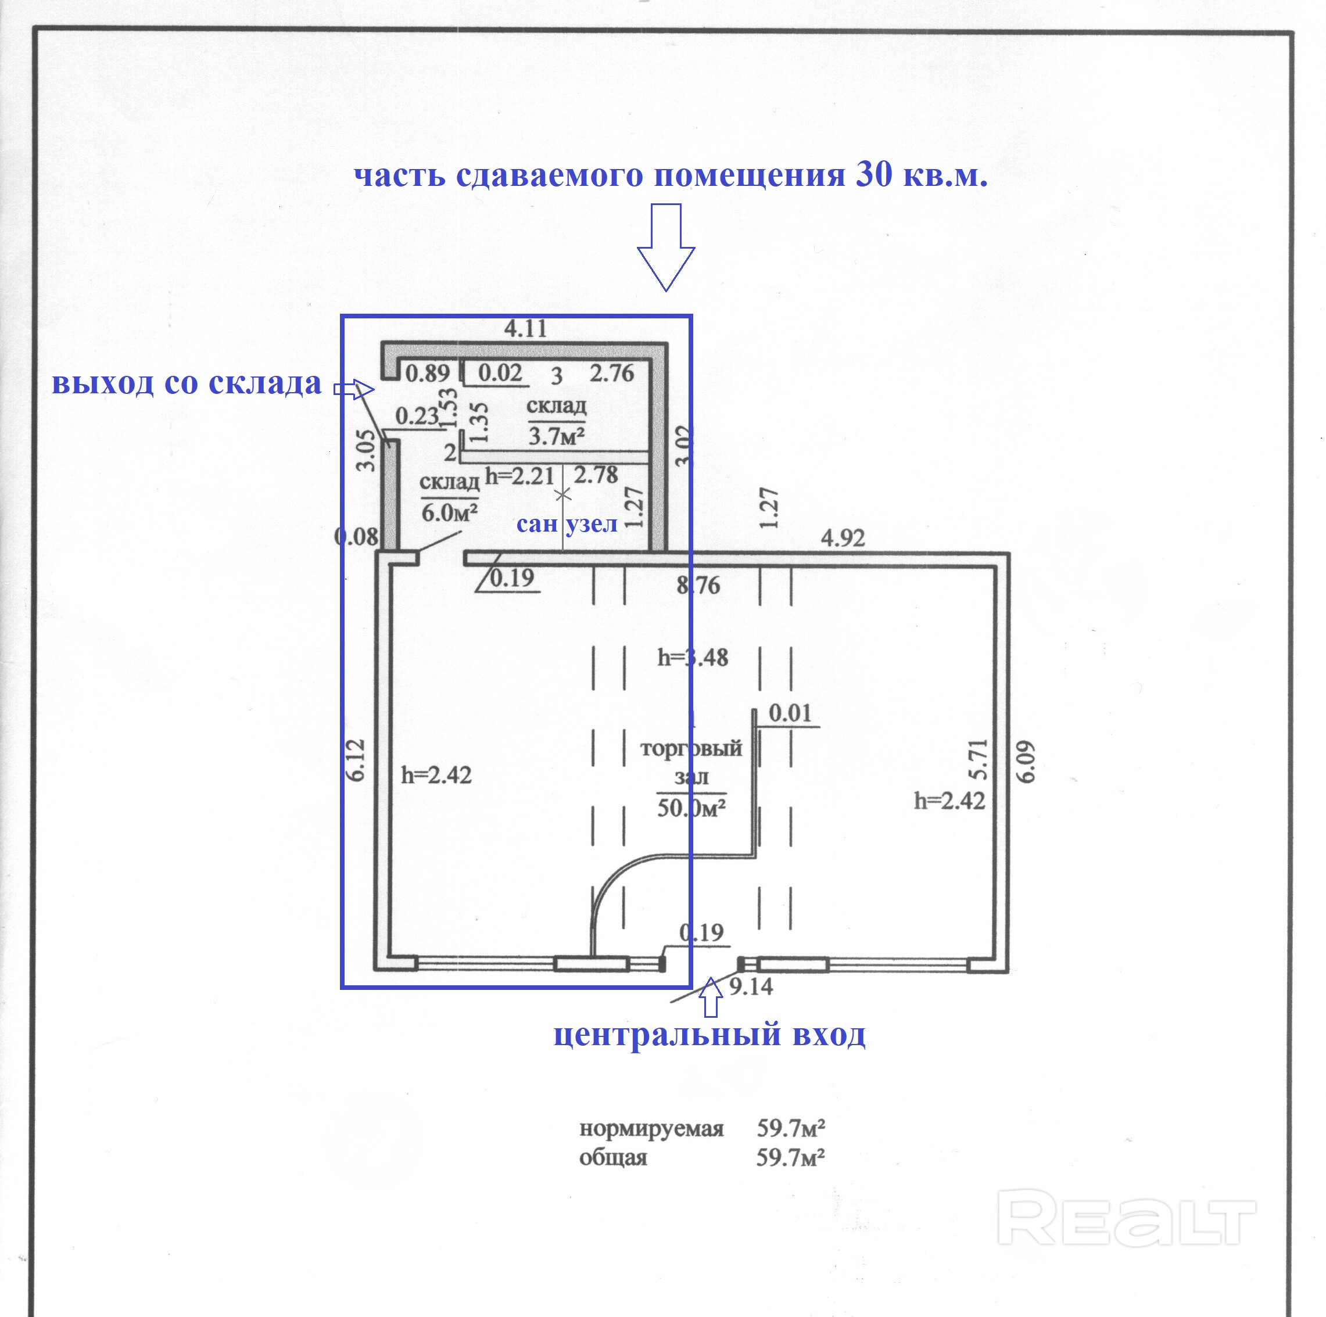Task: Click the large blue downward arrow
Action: click(666, 247)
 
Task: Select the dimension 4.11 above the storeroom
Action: click(526, 329)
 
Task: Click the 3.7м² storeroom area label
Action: click(556, 436)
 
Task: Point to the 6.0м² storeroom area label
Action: click(450, 512)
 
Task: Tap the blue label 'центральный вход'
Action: click(709, 1034)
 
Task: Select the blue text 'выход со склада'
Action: click(187, 383)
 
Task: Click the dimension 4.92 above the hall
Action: click(843, 538)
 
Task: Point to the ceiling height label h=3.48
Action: click(693, 658)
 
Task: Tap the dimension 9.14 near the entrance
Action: click(751, 987)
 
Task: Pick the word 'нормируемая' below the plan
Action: click(651, 1129)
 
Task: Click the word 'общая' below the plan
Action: click(613, 1158)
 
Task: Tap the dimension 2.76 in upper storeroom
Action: click(611, 374)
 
